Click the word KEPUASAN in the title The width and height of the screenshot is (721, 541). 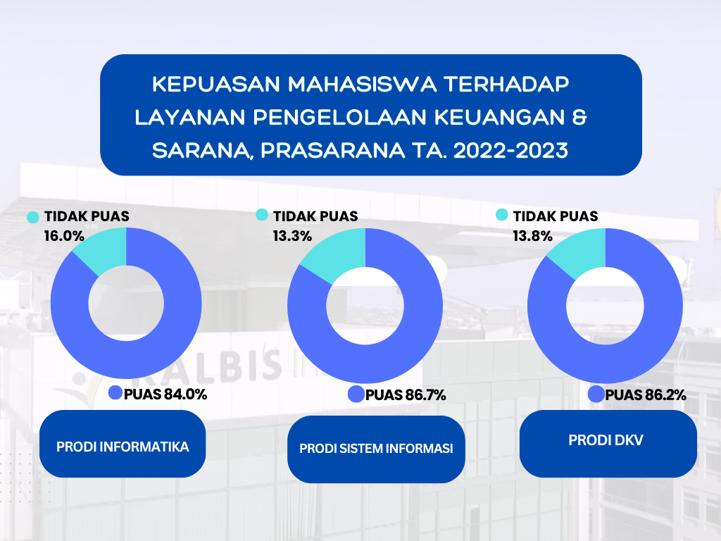(x=215, y=85)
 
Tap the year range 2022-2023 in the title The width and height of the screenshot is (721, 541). (x=510, y=151)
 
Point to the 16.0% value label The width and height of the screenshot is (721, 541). (x=64, y=236)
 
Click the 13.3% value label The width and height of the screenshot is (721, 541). (x=292, y=236)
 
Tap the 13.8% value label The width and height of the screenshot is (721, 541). (x=532, y=236)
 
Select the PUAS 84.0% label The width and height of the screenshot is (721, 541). (x=165, y=394)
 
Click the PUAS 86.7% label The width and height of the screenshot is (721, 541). (x=406, y=395)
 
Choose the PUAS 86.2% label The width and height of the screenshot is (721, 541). (x=646, y=395)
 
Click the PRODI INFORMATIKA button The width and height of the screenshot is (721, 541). (x=123, y=444)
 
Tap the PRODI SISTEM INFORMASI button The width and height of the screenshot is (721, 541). (x=376, y=449)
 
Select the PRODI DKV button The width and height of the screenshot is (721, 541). (x=608, y=444)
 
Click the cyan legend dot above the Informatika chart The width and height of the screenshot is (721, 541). (x=32, y=217)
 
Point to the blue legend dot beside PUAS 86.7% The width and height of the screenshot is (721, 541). (x=356, y=394)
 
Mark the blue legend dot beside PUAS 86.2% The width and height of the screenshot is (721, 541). (x=596, y=394)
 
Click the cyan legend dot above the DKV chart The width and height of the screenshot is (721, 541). (x=501, y=215)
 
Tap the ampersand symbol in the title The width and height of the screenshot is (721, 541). (x=580, y=118)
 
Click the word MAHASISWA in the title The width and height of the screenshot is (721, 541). (x=362, y=85)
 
